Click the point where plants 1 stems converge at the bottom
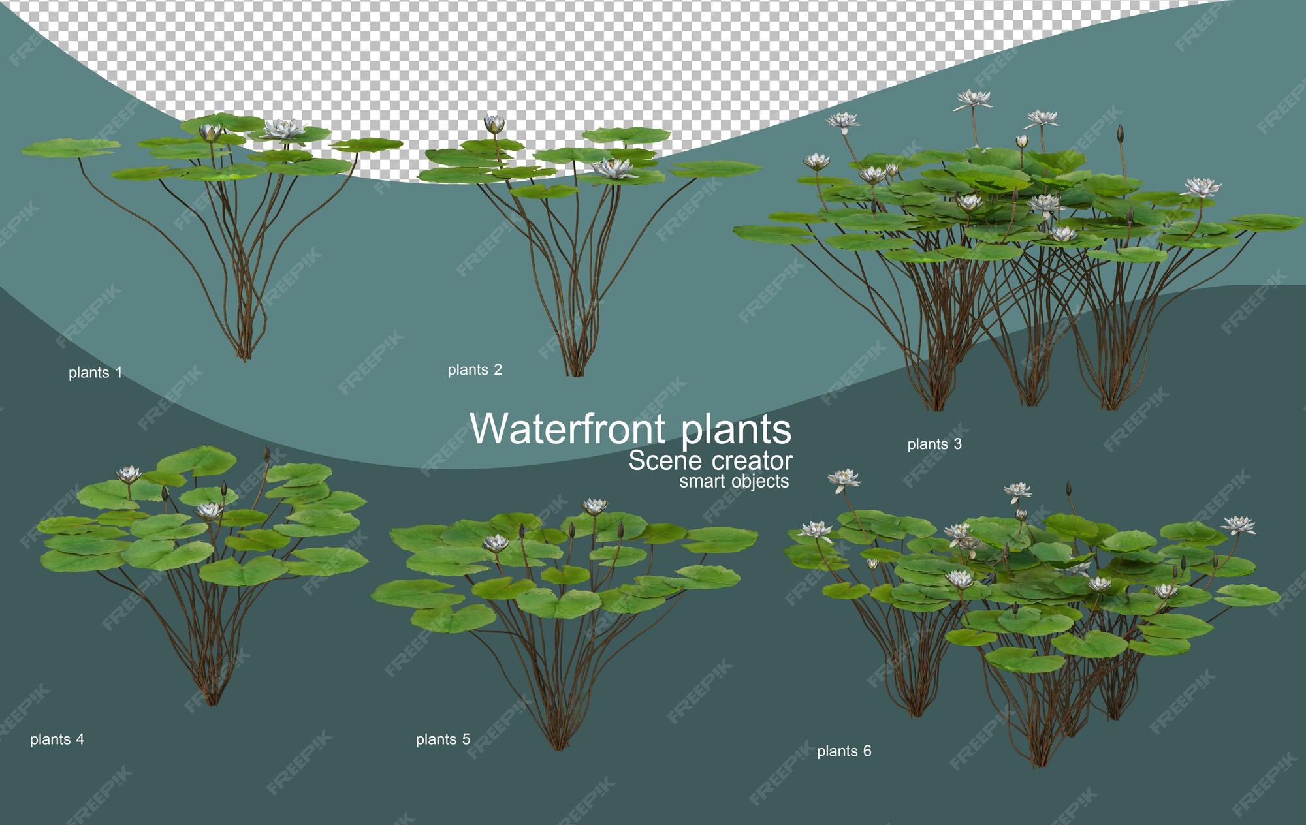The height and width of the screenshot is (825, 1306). pos(244,359)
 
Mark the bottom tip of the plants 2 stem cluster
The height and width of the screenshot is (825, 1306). pos(575,375)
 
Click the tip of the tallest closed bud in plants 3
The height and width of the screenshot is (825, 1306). pos(1121,126)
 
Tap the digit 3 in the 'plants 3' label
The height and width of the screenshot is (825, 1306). pos(957,444)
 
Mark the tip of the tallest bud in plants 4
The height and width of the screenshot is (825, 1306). pos(266,447)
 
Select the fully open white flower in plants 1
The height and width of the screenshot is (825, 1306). pos(283,129)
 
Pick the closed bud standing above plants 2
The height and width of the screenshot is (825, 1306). pos(494,124)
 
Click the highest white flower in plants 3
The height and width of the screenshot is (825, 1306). pos(973,99)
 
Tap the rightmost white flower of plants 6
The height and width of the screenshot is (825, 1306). pos(1238,525)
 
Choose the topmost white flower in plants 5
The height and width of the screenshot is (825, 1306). pos(594,506)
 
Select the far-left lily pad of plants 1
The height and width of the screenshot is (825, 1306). pos(71,148)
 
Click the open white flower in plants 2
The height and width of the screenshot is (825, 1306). pos(614,168)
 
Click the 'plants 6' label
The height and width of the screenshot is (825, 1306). pos(844,751)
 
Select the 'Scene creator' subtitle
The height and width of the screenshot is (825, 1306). pos(710,461)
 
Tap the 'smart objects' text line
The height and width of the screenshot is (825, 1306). pos(734,482)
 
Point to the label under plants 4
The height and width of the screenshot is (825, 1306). pos(57,739)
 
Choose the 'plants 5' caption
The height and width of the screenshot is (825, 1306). pos(443,739)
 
